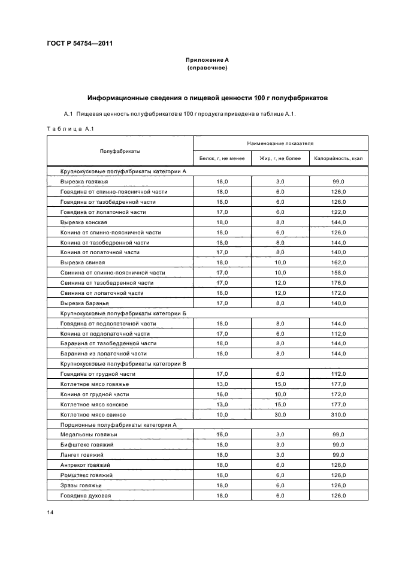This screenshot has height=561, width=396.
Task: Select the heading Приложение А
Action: click(x=207, y=60)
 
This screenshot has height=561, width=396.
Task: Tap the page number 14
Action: click(x=50, y=511)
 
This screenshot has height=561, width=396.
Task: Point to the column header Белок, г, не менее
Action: click(x=222, y=159)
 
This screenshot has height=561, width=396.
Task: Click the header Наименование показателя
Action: click(x=280, y=144)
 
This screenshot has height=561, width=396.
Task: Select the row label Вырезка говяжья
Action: click(x=84, y=181)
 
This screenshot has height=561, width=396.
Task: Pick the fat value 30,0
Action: click(x=280, y=414)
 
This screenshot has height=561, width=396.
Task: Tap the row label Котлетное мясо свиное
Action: click(x=94, y=414)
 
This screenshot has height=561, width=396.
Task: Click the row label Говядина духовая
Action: click(x=86, y=496)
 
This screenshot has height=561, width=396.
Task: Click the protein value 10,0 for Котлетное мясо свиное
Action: click(x=222, y=414)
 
